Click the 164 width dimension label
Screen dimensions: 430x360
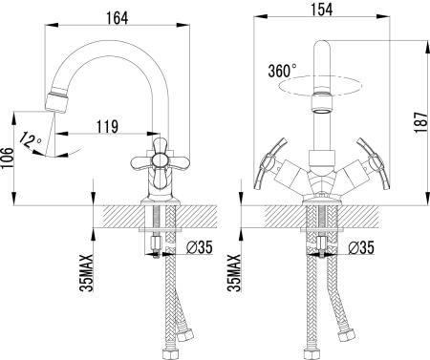click(117, 18)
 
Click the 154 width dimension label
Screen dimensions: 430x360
click(322, 10)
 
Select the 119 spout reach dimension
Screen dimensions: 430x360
click(107, 126)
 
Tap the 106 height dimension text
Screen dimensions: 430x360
click(8, 159)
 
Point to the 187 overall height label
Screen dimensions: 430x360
click(421, 122)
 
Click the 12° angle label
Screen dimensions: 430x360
click(31, 141)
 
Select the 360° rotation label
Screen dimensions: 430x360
click(283, 71)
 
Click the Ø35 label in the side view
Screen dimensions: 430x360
click(200, 247)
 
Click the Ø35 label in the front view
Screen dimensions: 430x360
click(361, 247)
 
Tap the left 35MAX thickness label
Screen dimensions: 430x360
click(87, 273)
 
